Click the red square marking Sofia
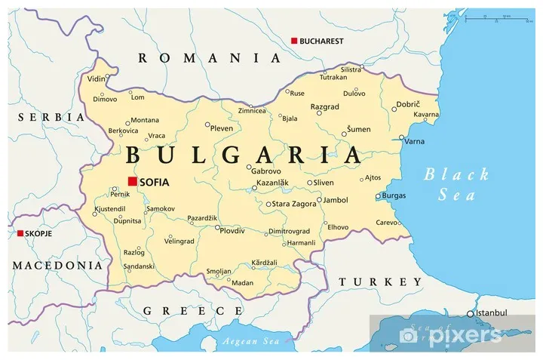132,182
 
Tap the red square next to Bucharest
294,41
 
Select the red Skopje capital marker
20,233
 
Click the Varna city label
414,141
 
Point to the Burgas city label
394,195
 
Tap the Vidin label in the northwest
96,78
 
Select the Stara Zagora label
295,204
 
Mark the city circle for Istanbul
470,313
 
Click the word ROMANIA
210,57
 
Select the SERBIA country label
51,117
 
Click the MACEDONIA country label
57,265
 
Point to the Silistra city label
351,69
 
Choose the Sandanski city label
139,266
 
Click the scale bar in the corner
494,15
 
